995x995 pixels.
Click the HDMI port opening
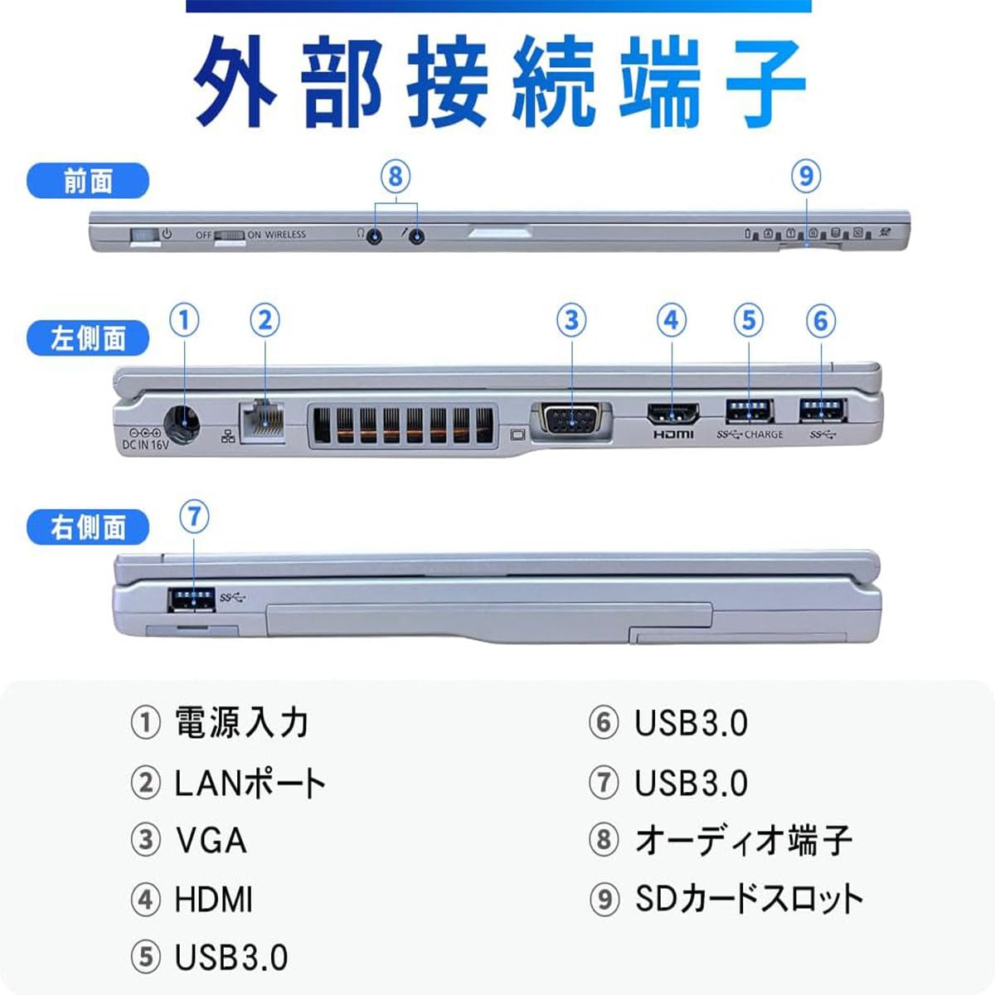[672, 413]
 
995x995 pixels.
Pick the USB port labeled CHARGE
[749, 410]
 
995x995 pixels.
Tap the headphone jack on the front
[375, 236]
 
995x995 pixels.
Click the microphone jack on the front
[417, 236]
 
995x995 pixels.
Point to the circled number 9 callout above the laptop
[806, 176]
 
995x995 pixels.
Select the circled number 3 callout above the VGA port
[570, 320]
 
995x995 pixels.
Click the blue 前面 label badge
[88, 182]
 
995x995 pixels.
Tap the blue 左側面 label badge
[88, 338]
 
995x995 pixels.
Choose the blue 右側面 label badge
[88, 528]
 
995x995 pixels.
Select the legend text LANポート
[250, 783]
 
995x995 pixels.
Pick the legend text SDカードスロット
[749, 899]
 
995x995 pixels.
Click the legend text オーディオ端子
[743, 840]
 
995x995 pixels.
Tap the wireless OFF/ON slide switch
[230, 235]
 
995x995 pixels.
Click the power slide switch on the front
[144, 236]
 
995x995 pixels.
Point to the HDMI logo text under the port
[672, 434]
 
